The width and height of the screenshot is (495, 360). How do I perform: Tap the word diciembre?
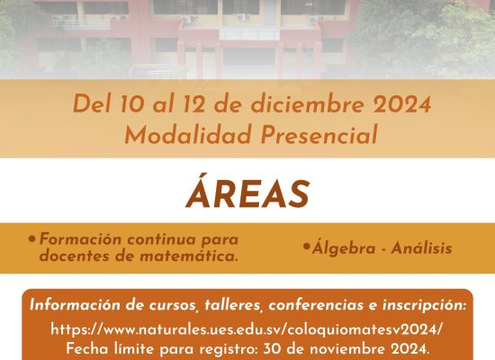pos(308,103)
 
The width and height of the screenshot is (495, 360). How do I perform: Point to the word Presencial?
pos(319,134)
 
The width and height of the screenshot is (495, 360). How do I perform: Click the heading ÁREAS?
pos(247,192)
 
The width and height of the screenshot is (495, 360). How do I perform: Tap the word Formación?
pos(80,238)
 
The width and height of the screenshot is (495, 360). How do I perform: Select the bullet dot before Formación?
pos(31,238)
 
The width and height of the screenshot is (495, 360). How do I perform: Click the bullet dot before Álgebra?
pos(306,247)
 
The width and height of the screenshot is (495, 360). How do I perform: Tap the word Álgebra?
pos(344,247)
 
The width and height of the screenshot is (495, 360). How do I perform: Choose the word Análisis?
pos(421,247)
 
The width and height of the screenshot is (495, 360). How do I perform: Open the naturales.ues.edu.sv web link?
pos(247,329)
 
